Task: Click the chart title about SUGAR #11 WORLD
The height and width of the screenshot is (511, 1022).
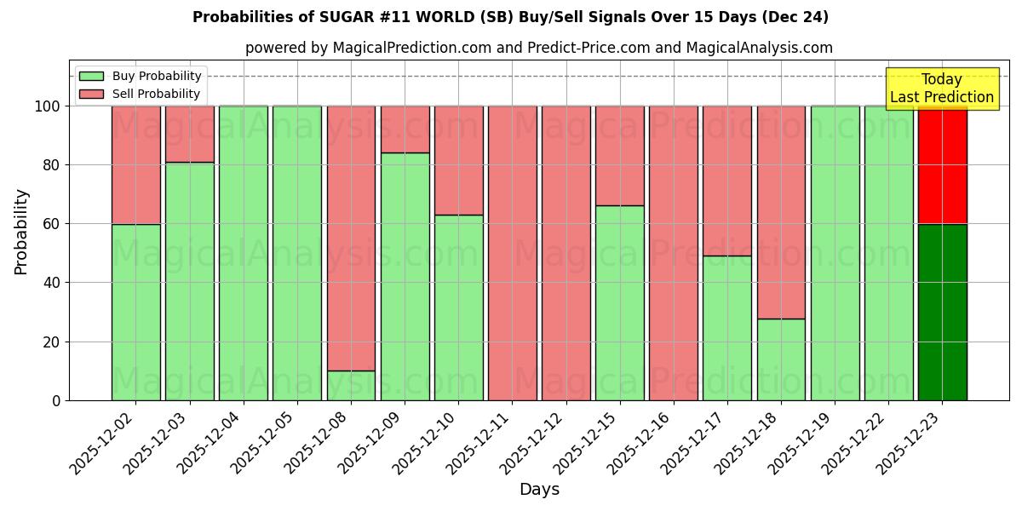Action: pos(510,17)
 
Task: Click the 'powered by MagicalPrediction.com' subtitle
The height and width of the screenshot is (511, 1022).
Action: pos(538,48)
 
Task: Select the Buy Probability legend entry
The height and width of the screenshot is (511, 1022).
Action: pos(140,76)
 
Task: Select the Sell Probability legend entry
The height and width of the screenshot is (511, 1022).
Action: pos(140,94)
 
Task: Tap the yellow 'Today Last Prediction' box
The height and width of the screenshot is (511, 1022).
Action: pos(941,89)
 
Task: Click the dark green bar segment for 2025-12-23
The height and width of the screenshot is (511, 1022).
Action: pos(942,312)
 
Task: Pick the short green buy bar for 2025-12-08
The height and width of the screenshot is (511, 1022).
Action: pos(351,385)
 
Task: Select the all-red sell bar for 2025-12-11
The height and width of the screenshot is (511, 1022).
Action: pos(512,253)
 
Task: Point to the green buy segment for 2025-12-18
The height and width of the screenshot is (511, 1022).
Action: pos(781,359)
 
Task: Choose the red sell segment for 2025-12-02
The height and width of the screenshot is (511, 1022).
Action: pos(136,165)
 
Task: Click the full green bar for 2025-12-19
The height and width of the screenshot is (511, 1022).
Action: pos(835,253)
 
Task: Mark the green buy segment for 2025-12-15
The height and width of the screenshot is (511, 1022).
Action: pos(620,302)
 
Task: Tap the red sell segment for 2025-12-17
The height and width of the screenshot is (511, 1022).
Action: pos(727,181)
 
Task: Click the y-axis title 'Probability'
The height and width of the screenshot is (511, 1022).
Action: pos(21,231)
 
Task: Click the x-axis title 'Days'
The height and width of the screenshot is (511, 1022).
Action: pos(538,490)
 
